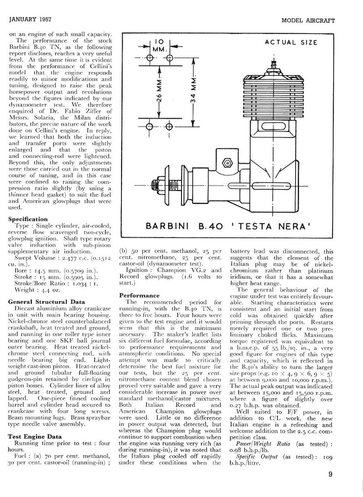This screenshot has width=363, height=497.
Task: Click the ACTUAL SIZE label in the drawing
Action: pos(291,42)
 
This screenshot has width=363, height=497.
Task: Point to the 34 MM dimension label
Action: pos(194,92)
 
